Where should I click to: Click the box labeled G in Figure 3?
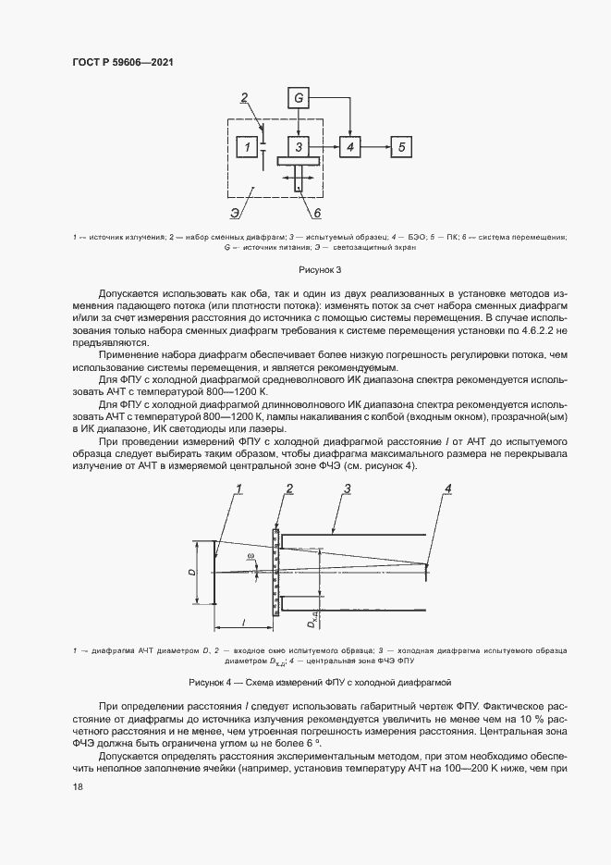[x=298, y=97]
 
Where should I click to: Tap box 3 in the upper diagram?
[x=298, y=147]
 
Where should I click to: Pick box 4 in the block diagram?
[x=349, y=147]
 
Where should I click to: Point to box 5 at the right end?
[x=400, y=147]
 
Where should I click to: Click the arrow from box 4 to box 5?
[x=375, y=147]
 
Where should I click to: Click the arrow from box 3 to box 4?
[x=324, y=147]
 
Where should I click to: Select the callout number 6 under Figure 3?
[x=317, y=214]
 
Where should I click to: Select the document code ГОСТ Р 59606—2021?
[x=123, y=62]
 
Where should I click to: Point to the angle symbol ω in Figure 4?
[x=250, y=556]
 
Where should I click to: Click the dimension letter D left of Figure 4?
[x=191, y=573]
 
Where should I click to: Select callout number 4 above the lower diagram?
[x=449, y=488]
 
